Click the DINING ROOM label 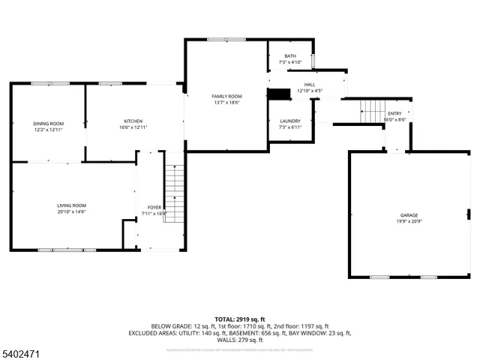click(x=48, y=123)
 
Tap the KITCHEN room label click(x=133, y=121)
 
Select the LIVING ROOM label click(x=72, y=205)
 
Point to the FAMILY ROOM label click(x=226, y=96)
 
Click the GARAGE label click(x=409, y=214)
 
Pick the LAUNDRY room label click(x=290, y=121)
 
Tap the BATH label click(x=290, y=55)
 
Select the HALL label click(x=310, y=85)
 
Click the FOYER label click(x=154, y=208)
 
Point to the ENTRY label click(x=394, y=113)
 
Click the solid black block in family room click(x=279, y=94)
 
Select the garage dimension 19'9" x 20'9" click(x=409, y=221)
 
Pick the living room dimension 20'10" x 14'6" click(x=72, y=212)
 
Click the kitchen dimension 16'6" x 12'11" click(x=133, y=128)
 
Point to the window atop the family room click(x=226, y=40)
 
